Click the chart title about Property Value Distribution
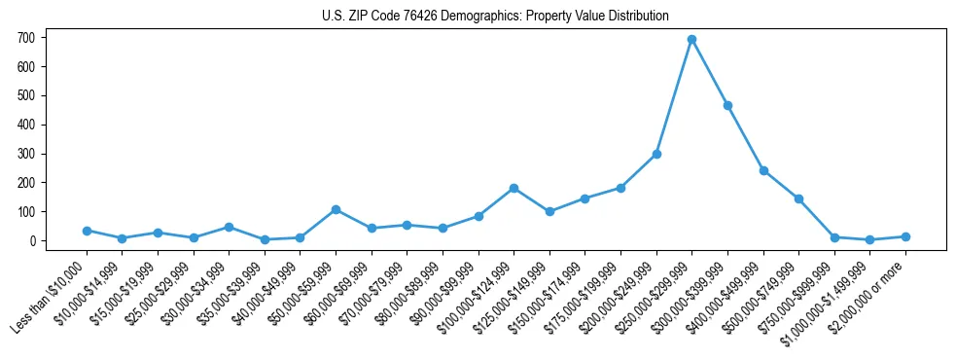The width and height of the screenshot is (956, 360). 495,17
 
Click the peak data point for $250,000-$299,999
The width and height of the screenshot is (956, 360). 691,39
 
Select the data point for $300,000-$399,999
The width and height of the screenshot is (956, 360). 727,105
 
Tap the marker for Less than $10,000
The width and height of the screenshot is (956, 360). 87,231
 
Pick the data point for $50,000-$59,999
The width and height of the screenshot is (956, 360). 336,209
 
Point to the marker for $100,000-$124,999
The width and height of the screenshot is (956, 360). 513,188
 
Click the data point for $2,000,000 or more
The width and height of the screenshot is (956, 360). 905,236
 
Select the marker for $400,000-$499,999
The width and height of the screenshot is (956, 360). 763,170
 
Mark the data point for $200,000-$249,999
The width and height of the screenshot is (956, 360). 656,154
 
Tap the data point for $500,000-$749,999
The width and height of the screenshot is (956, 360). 798,198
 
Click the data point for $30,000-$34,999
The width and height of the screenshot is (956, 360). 229,227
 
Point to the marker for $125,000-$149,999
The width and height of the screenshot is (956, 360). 549,211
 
